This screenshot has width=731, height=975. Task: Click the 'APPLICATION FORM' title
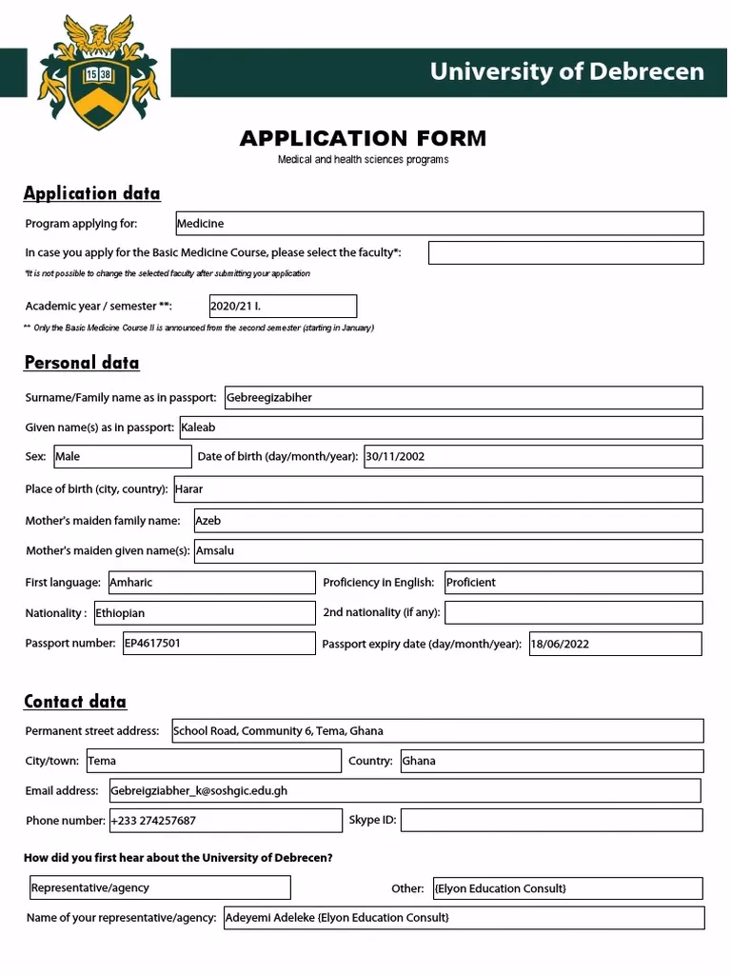coord(363,139)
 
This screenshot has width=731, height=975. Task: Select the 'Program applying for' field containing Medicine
coord(439,224)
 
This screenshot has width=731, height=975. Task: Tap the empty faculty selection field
coord(565,252)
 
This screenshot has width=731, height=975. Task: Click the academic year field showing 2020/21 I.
coord(283,307)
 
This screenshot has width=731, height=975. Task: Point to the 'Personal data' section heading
coord(82,363)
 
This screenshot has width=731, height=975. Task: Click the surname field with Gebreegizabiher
coord(463,398)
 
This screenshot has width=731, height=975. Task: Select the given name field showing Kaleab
coord(440,428)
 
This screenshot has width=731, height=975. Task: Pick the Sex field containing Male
coord(122,457)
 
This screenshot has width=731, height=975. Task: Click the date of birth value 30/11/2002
coord(533,457)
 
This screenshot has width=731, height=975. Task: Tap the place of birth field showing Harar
coord(438,489)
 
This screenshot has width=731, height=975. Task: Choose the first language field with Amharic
coord(210,583)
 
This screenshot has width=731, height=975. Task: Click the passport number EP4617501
coord(219,644)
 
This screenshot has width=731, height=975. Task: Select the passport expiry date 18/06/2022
coord(615,644)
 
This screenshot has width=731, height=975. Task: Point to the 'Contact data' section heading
coord(75,702)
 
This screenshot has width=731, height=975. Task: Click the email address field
coord(405,790)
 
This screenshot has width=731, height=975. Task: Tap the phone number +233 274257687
coord(226,821)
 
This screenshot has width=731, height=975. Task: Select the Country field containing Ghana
coord(551,761)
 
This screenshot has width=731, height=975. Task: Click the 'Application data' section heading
coord(92,193)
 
